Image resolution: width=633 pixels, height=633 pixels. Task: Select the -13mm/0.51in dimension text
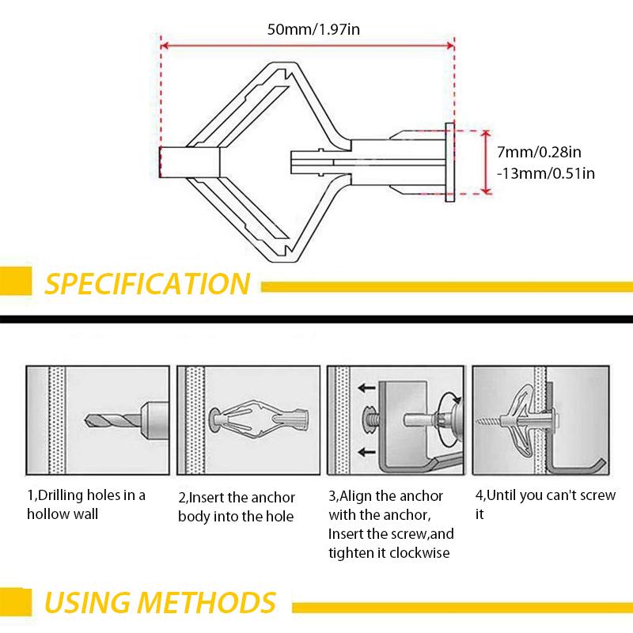click(x=545, y=172)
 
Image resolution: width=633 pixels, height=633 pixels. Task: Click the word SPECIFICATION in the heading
click(x=147, y=283)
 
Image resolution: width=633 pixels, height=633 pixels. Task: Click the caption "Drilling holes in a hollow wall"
click(x=86, y=505)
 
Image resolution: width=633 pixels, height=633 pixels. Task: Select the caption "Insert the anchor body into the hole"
click(x=237, y=507)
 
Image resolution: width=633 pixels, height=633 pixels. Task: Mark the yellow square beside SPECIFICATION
click(x=15, y=283)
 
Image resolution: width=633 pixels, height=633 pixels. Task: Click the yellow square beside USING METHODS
click(x=15, y=602)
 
